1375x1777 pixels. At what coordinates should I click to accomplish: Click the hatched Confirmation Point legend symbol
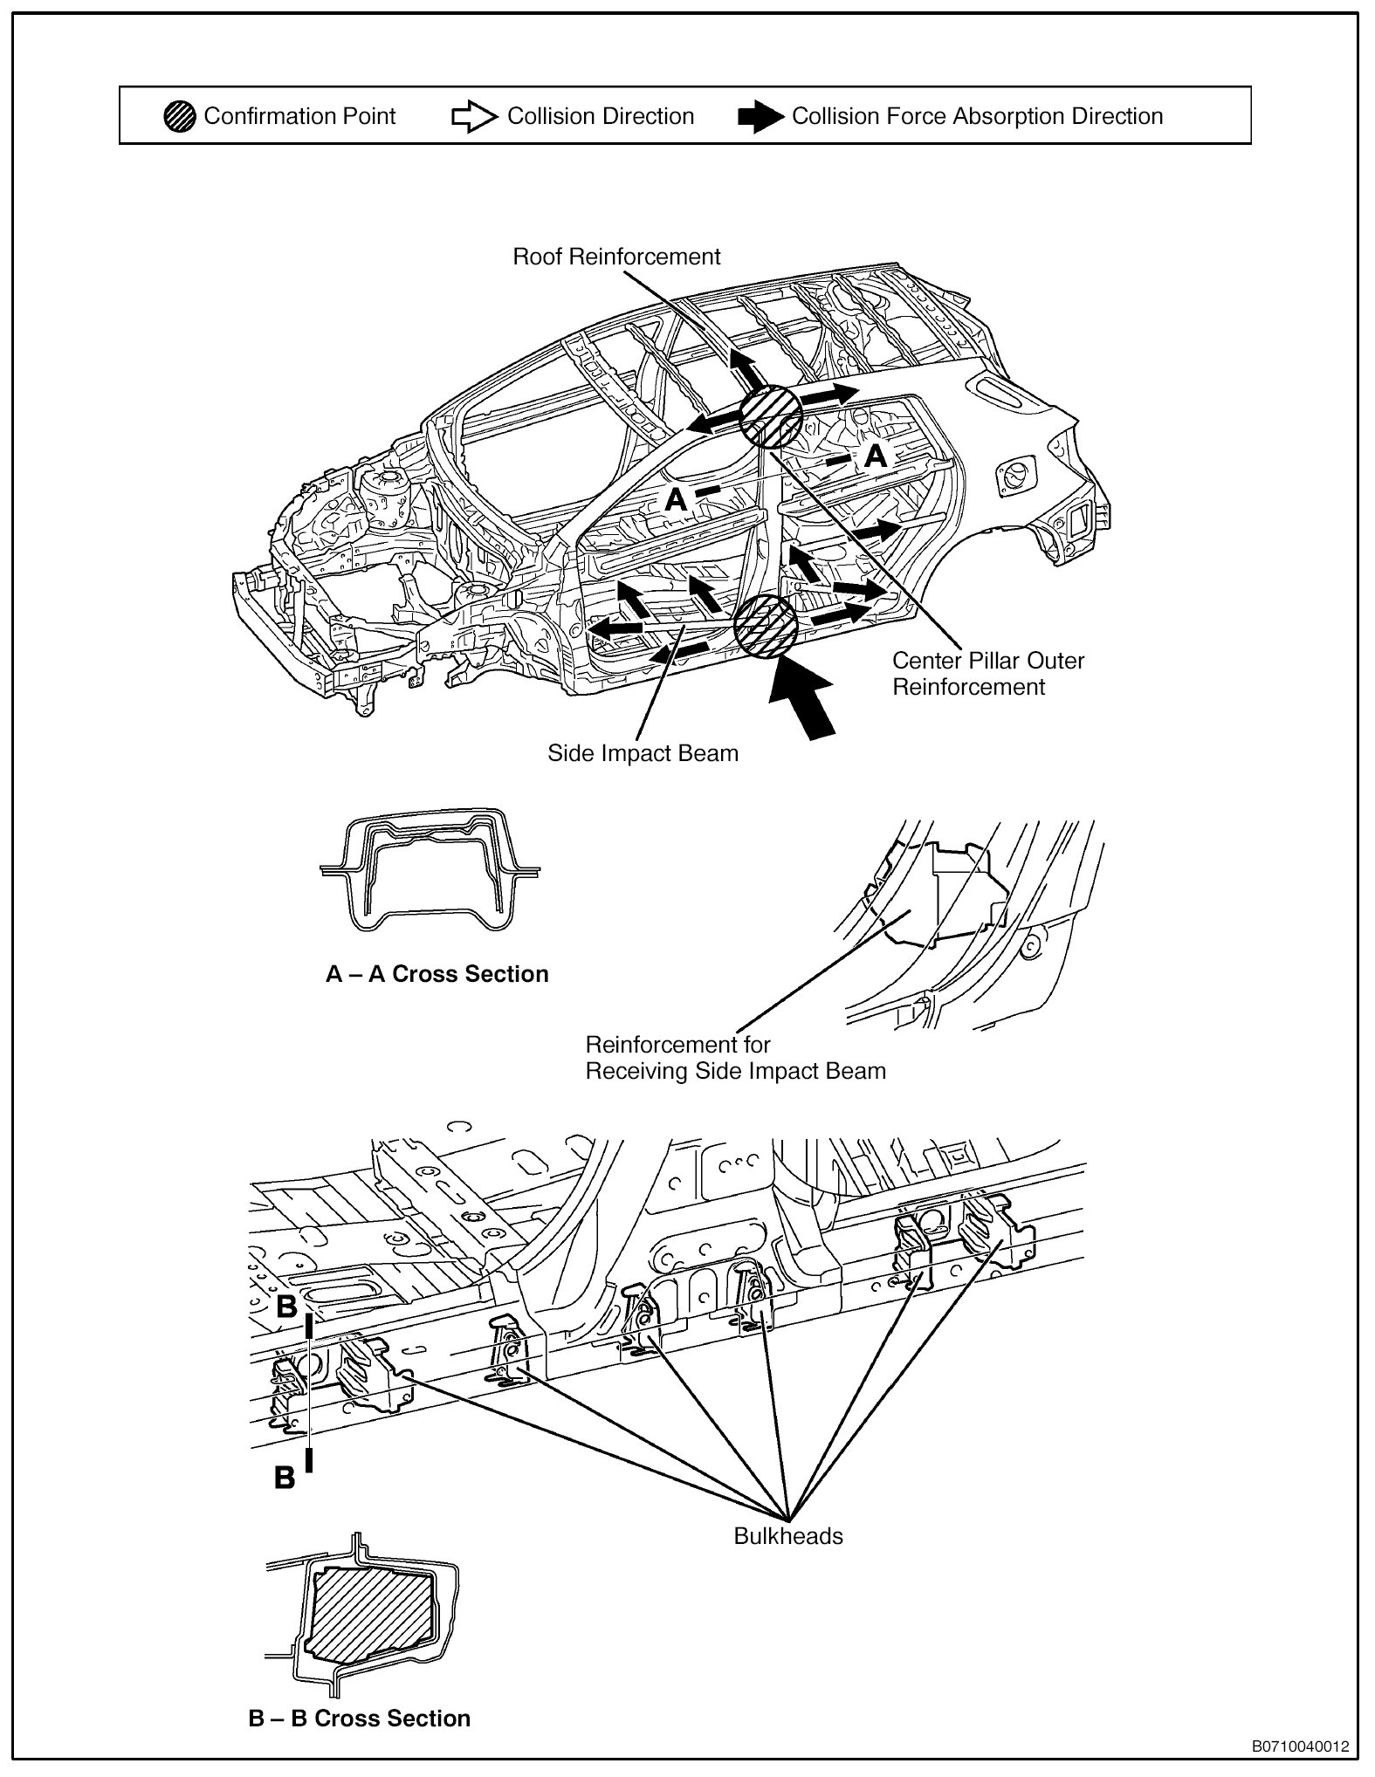(x=180, y=117)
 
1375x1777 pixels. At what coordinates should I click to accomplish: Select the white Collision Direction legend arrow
(x=472, y=117)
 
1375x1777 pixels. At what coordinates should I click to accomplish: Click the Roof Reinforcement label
(x=616, y=257)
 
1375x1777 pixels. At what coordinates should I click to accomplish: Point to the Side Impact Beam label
(x=643, y=753)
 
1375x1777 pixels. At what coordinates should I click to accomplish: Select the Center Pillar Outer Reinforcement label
(x=987, y=674)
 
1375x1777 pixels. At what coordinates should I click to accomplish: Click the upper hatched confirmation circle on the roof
(x=771, y=417)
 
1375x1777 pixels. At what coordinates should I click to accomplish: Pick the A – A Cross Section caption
(x=437, y=974)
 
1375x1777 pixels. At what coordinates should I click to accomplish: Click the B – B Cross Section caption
(x=359, y=1719)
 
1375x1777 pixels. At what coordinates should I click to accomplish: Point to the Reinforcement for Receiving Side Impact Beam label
(x=735, y=1058)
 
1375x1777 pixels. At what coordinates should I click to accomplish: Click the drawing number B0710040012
(x=1300, y=1746)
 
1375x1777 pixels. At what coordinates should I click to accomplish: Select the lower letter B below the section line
(x=284, y=1479)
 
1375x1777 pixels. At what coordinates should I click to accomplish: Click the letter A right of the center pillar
(x=875, y=456)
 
